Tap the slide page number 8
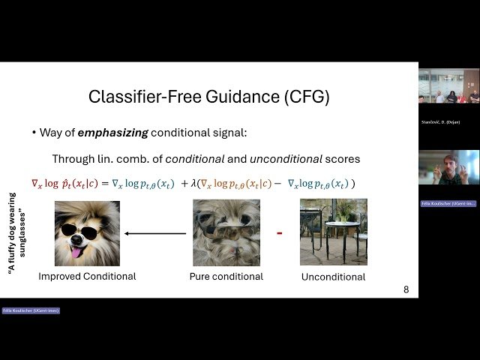(x=406, y=289)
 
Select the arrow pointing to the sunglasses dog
(x=154, y=233)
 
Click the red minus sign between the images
(x=279, y=233)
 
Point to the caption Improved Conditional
(x=87, y=276)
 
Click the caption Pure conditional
(x=226, y=276)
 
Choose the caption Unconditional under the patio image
(x=333, y=277)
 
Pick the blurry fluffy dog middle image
(x=226, y=232)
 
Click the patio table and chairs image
(x=333, y=232)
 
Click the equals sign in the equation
(x=107, y=184)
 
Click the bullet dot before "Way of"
(x=34, y=133)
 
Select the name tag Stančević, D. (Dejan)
(x=442, y=121)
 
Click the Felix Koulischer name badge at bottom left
(x=31, y=310)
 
